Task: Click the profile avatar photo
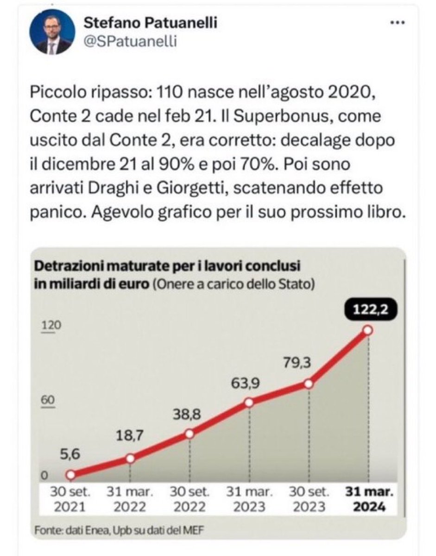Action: click(52, 32)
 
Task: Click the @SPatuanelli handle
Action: click(125, 42)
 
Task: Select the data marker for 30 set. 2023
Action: click(309, 384)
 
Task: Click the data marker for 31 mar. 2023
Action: click(249, 403)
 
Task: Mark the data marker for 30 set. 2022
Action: click(190, 434)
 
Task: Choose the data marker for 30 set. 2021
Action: click(70, 475)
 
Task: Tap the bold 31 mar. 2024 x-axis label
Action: click(368, 499)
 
